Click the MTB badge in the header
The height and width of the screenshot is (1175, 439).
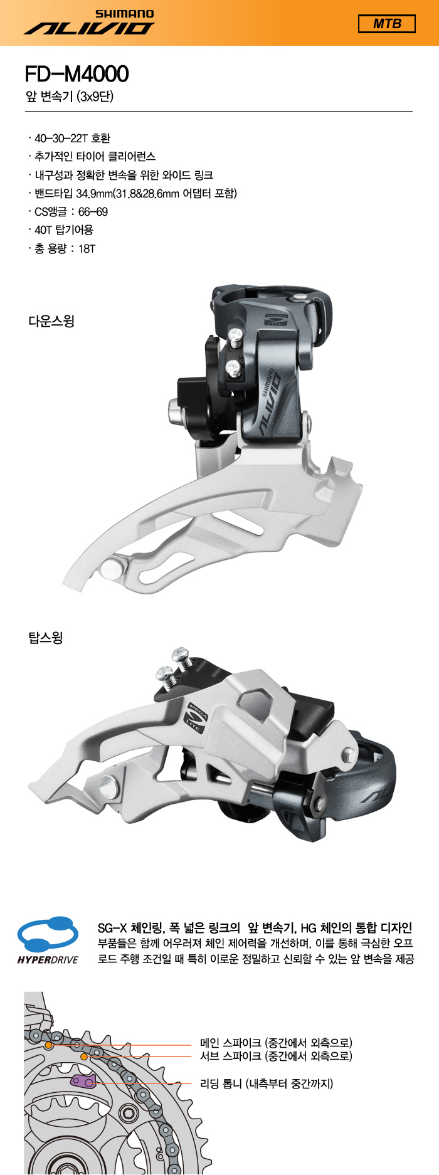tap(386, 24)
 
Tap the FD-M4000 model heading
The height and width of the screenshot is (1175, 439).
tap(77, 74)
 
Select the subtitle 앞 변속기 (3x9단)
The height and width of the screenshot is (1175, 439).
tap(70, 97)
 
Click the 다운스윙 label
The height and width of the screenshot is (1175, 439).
tap(51, 322)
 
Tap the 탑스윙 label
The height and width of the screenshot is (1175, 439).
tap(46, 638)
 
